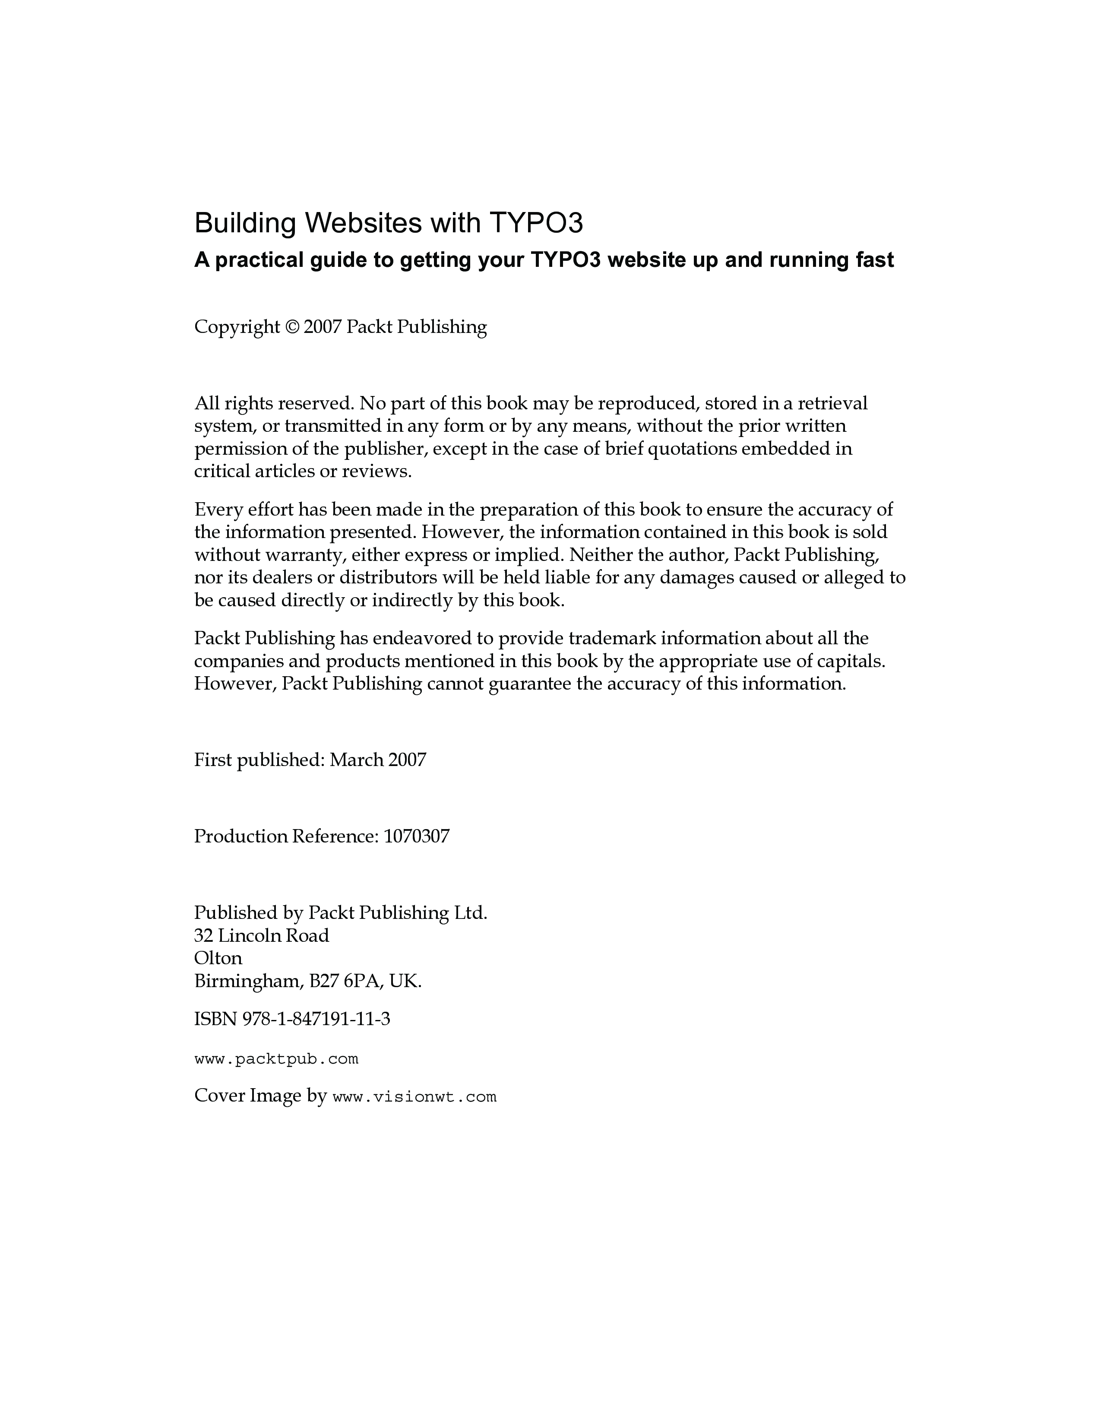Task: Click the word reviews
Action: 376,472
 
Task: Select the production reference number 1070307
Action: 416,836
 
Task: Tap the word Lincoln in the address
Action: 250,936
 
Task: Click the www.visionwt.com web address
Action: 414,1097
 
